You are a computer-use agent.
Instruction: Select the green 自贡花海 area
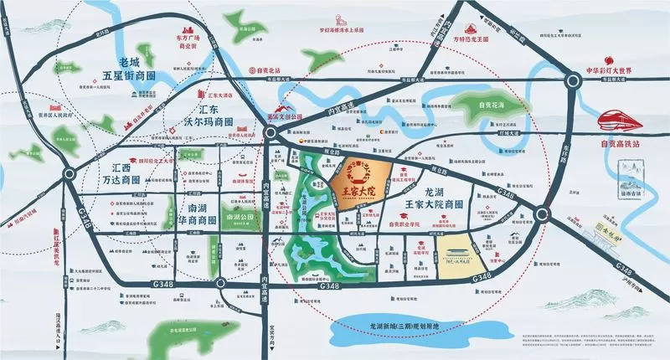coord(486,106)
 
